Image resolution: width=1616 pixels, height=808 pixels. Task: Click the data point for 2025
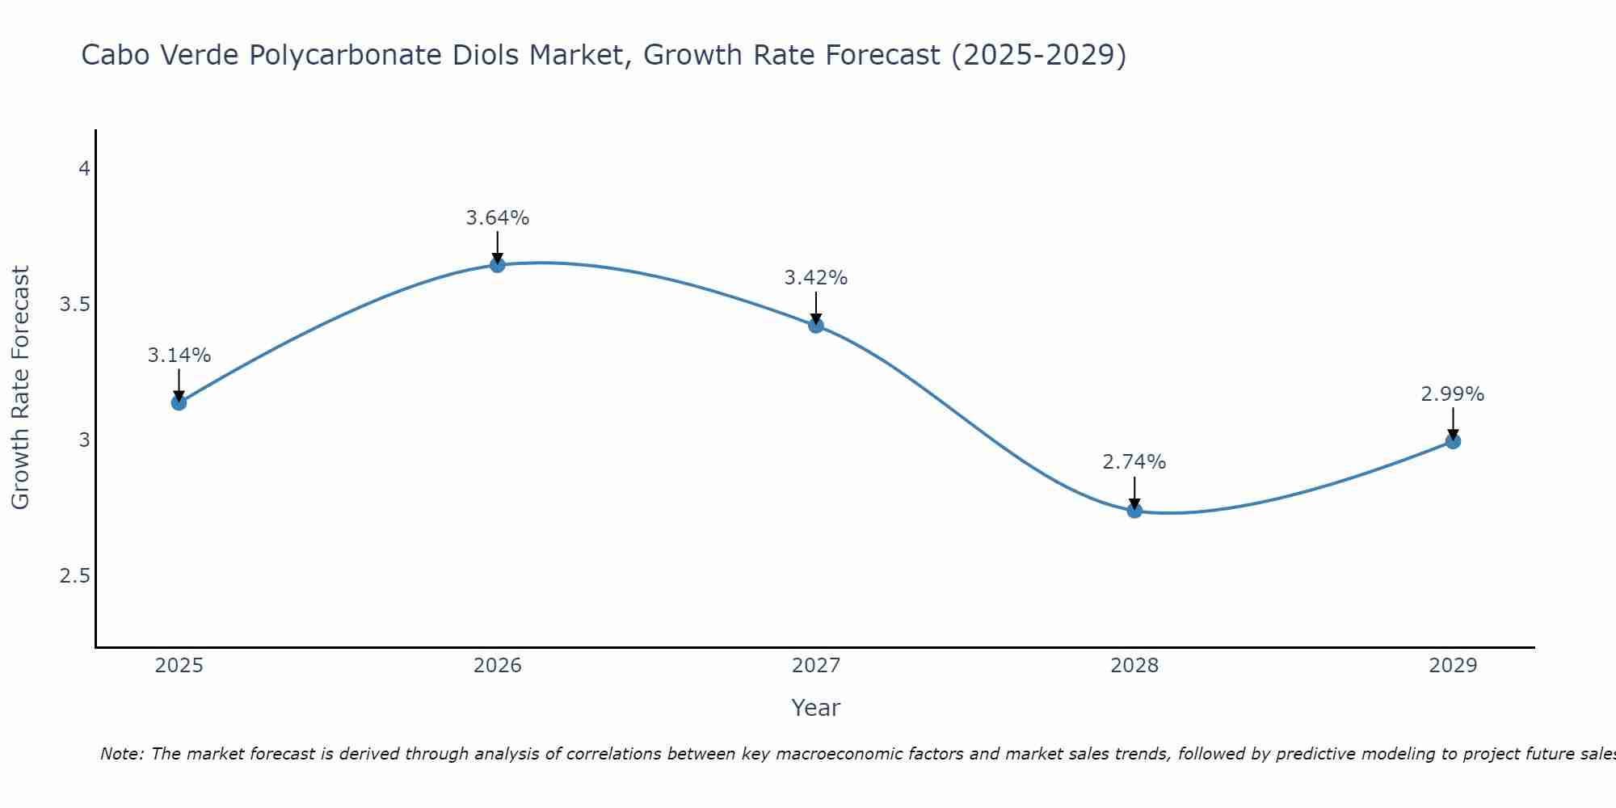179,402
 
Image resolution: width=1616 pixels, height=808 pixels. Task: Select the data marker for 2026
498,265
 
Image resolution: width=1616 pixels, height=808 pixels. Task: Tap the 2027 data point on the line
816,326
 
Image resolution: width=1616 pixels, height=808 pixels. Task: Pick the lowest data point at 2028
1134,511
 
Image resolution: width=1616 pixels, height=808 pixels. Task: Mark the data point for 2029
1453,441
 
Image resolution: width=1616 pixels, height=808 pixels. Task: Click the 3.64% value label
498,218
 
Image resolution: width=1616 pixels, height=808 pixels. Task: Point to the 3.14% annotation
179,356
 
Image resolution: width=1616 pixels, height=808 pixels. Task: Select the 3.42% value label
816,278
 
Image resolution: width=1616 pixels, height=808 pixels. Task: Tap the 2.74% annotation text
1134,462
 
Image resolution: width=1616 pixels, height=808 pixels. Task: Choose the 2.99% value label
1453,394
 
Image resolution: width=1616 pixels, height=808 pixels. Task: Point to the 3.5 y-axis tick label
74,305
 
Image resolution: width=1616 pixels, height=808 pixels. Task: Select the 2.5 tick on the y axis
74,576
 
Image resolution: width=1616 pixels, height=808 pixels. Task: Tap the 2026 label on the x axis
498,666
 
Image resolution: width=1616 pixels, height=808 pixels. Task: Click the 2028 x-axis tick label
1134,666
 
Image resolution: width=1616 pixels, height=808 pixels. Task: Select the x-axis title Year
816,708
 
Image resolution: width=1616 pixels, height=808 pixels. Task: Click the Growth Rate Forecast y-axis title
21,388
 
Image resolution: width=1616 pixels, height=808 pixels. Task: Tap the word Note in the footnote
121,754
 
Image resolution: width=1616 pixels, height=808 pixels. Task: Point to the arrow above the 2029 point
1453,422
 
